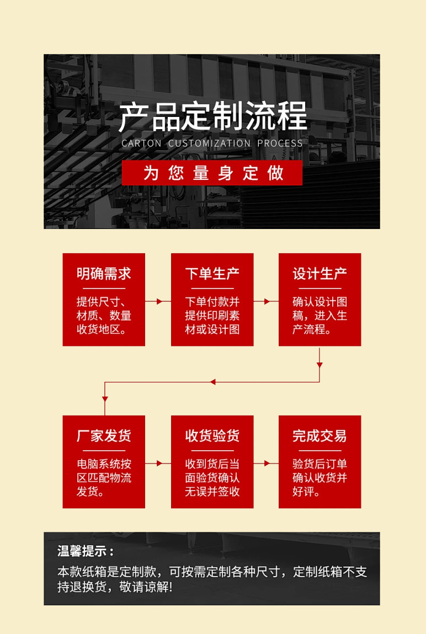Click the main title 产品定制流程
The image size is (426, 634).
pyautogui.click(x=212, y=116)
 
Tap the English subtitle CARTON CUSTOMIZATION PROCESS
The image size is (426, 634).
pyautogui.click(x=212, y=143)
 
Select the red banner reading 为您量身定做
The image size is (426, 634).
pyautogui.click(x=212, y=173)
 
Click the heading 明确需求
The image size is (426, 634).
pyautogui.click(x=104, y=274)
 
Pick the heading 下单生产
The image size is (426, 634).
pyautogui.click(x=212, y=274)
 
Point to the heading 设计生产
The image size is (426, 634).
pyautogui.click(x=319, y=274)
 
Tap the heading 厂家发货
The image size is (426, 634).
pyautogui.click(x=104, y=436)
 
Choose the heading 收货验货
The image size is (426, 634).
pyautogui.click(x=212, y=436)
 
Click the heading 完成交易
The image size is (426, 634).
pyautogui.click(x=319, y=436)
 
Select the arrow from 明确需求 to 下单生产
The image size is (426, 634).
pyautogui.click(x=158, y=302)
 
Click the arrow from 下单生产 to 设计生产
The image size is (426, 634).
pyautogui.click(x=267, y=302)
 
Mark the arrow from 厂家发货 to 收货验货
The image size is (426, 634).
pyautogui.click(x=158, y=463)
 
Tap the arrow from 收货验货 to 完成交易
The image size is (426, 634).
pyautogui.click(x=267, y=463)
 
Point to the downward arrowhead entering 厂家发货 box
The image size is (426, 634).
pyautogui.click(x=105, y=398)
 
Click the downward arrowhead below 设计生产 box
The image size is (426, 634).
pyautogui.click(x=319, y=365)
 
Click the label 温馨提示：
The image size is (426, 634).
pyautogui.click(x=87, y=551)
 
